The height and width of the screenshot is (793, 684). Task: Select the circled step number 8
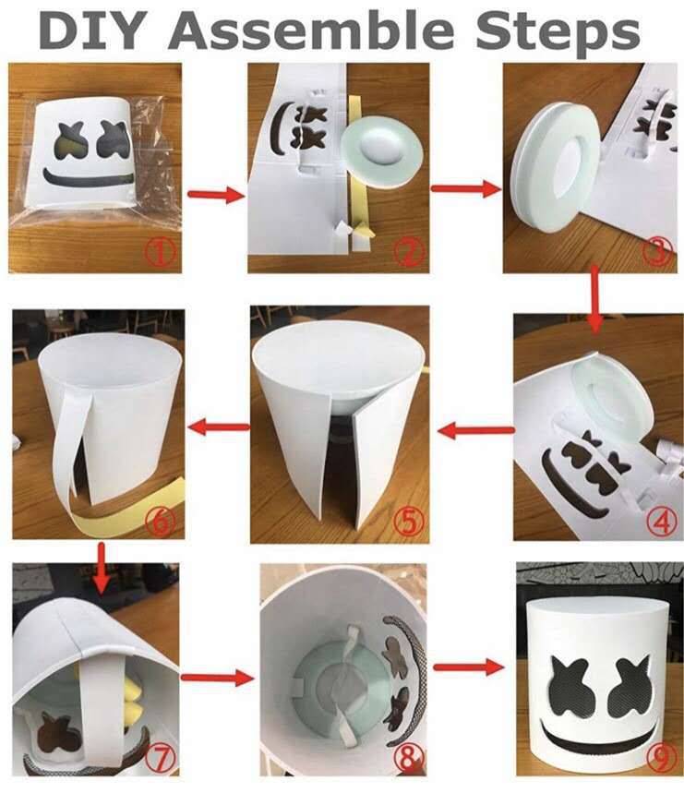pos(407,758)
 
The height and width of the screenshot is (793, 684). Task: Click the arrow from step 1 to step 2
pos(213,195)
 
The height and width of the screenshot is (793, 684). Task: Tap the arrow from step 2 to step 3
pos(459,188)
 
